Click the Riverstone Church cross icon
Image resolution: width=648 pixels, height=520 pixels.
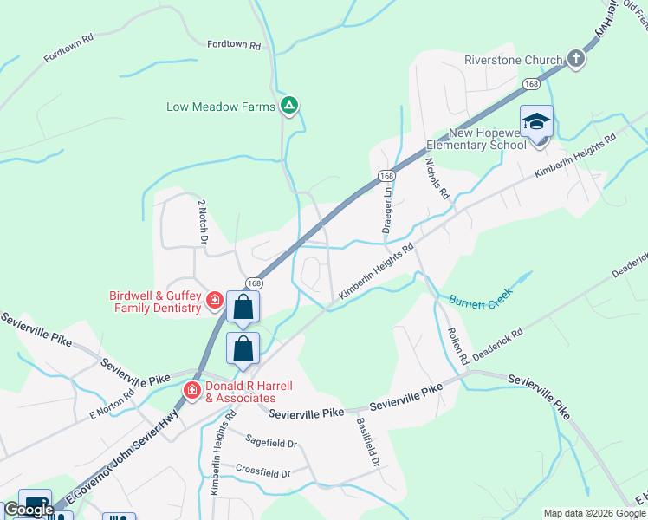[576, 60]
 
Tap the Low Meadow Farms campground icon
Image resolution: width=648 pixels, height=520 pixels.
[289, 107]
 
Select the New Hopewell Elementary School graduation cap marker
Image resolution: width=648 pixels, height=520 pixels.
[536, 121]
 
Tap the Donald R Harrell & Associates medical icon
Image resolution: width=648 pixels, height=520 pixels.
[191, 391]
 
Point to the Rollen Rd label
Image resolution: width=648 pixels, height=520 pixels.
[457, 344]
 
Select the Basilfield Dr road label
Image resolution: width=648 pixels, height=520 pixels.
[368, 442]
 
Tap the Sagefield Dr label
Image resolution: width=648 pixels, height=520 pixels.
[270, 442]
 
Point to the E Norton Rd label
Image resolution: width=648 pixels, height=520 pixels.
[112, 402]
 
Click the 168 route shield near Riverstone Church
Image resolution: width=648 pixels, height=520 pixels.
[532, 84]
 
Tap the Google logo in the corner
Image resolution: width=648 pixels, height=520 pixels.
[29, 510]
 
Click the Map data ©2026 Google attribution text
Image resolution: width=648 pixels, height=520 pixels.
[594, 513]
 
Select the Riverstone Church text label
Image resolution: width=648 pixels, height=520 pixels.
[513, 61]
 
